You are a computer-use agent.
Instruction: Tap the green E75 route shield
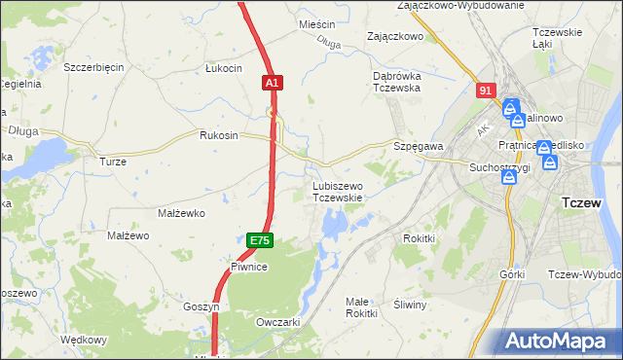259,240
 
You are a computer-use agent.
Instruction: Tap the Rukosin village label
219,135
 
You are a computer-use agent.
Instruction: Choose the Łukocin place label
223,68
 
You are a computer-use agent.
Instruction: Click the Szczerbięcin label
93,67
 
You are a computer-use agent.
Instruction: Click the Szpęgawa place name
419,145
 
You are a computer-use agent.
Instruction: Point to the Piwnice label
249,266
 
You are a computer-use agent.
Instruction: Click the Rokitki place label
418,238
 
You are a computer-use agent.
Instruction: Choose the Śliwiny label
411,305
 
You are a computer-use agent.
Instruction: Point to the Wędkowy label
83,340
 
